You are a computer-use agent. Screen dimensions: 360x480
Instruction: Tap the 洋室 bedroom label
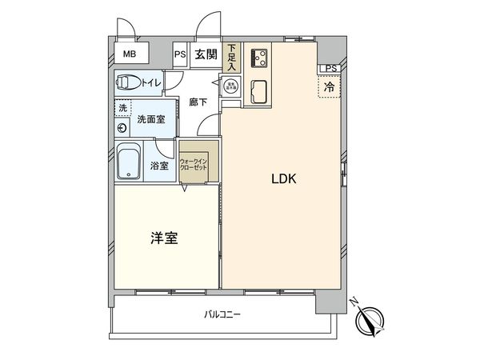pyautogui.click(x=163, y=238)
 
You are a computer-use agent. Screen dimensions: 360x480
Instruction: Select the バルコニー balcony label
pyautogui.click(x=222, y=315)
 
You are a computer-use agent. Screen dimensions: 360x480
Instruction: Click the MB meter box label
pyautogui.click(x=129, y=54)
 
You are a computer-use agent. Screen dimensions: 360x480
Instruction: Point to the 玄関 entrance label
pyautogui.click(x=206, y=54)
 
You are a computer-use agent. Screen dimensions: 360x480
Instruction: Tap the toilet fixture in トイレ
pyautogui.click(x=128, y=81)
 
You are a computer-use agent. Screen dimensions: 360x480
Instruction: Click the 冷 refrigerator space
pyautogui.click(x=329, y=86)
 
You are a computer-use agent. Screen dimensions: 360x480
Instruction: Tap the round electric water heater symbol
pyautogui.click(x=230, y=86)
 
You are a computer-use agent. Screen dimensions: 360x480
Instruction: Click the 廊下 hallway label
pyautogui.click(x=198, y=102)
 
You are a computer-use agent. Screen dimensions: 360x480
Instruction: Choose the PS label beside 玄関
pyautogui.click(x=181, y=54)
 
